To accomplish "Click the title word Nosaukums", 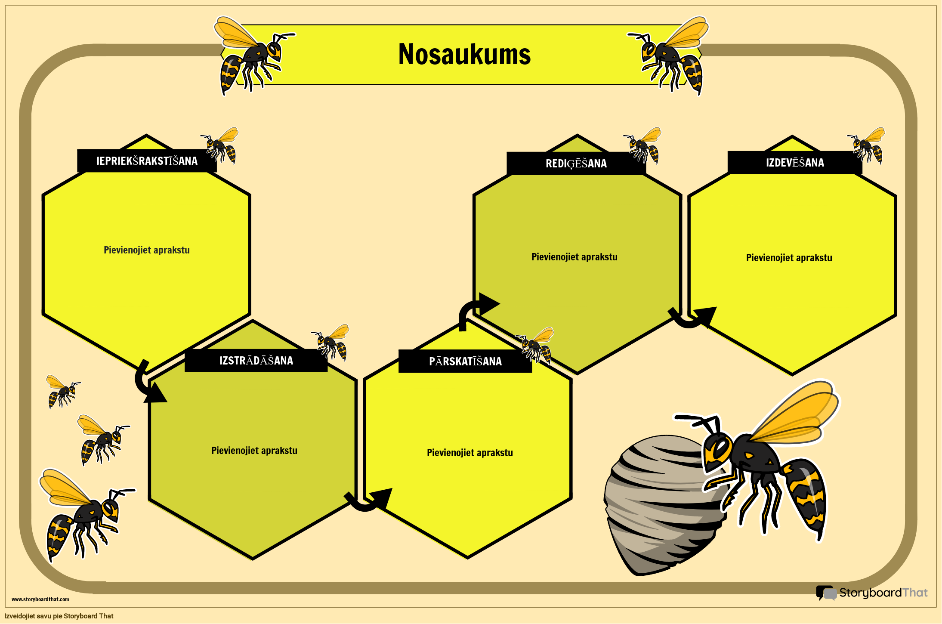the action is [464, 54].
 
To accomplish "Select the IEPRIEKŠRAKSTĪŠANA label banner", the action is [147, 161].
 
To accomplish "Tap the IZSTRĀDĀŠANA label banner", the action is [256, 360].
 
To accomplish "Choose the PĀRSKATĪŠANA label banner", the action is [465, 361].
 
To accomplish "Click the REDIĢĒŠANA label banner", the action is [576, 164].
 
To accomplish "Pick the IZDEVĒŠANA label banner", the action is [795, 163].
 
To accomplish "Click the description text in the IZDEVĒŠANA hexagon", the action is [789, 258].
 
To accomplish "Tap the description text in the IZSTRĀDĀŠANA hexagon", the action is [254, 451].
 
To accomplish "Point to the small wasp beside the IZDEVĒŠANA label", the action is [866, 145].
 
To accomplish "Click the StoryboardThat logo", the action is [872, 593].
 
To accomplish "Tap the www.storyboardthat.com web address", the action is [40, 599].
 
